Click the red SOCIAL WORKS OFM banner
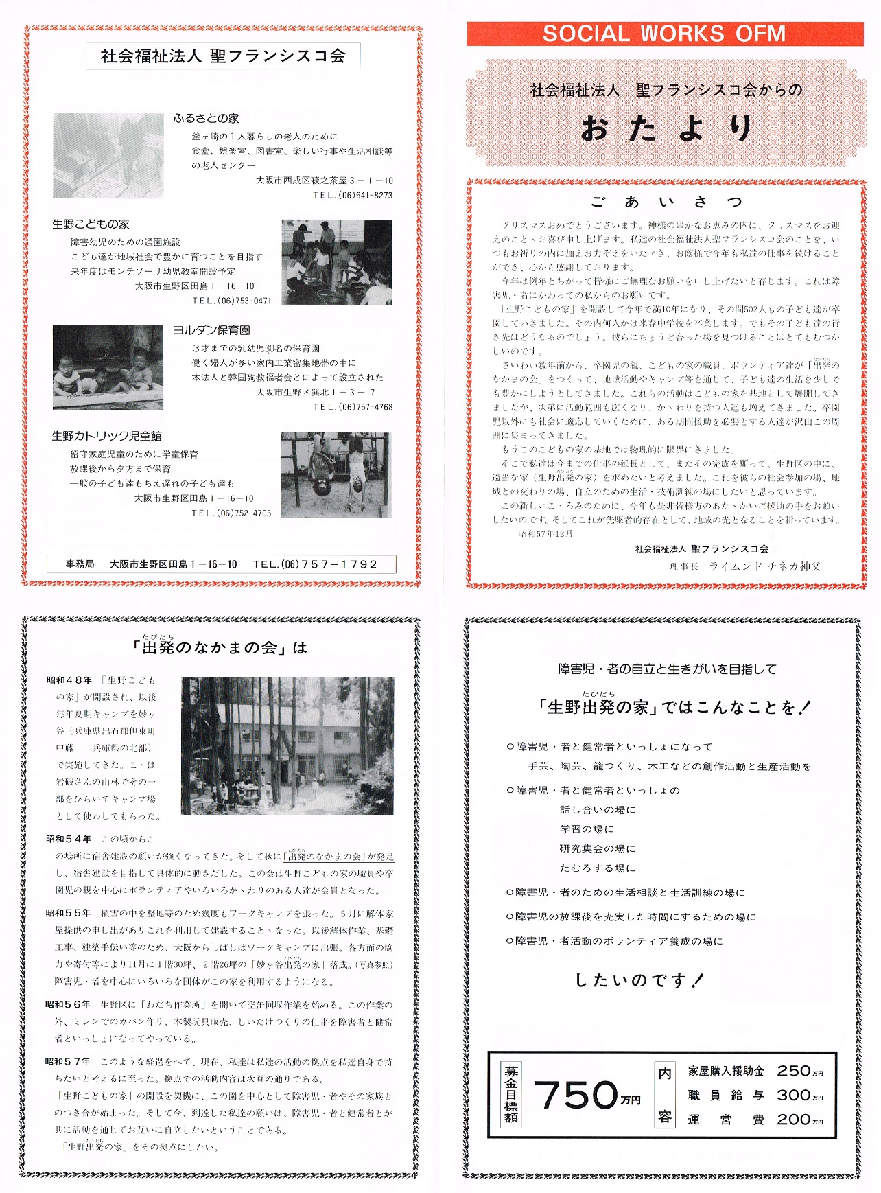664,34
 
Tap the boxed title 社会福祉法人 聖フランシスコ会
223,56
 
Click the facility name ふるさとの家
206,119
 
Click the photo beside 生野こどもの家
336,262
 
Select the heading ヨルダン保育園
211,331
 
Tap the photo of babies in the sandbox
108,367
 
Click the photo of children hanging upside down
336,475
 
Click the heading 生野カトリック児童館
106,437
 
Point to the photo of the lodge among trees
287,746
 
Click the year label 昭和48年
69,680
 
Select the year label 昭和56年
68,1005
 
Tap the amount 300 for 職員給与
794,1096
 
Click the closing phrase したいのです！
639,980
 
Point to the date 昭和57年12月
545,534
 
